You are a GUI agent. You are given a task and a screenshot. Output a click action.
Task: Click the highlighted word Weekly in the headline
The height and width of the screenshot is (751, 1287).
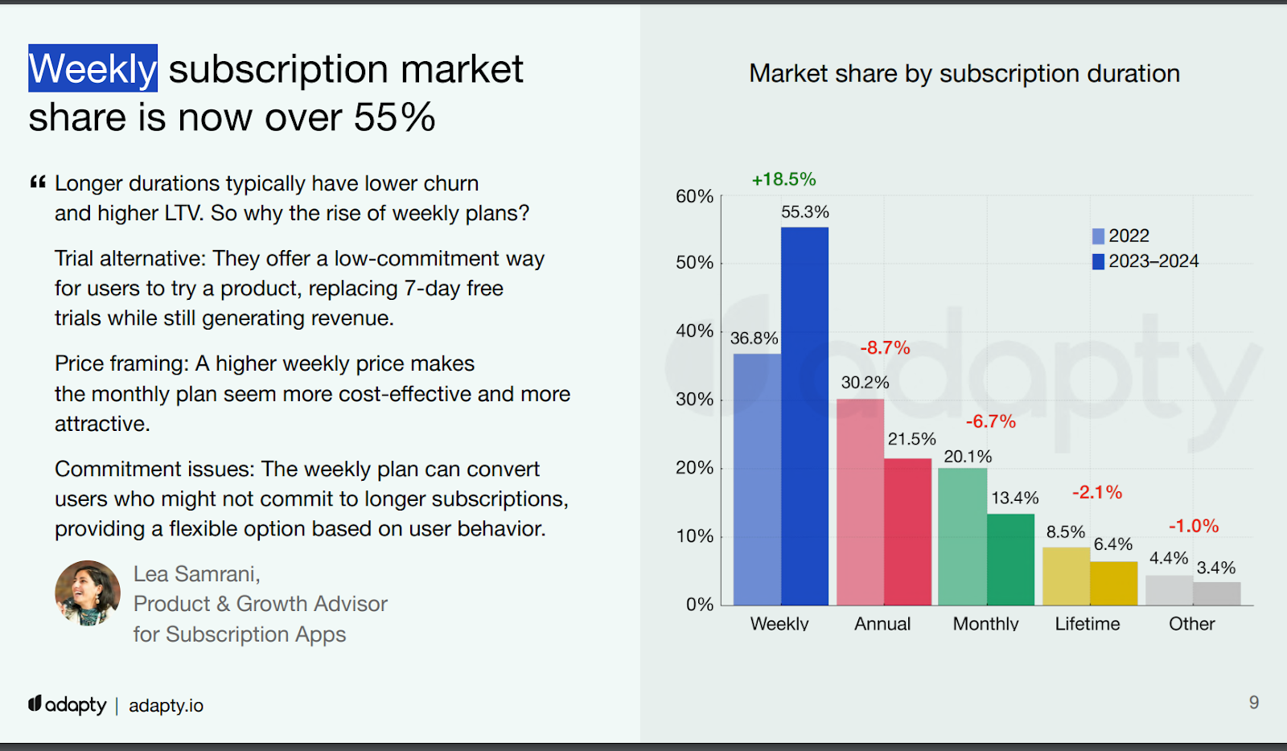(93, 69)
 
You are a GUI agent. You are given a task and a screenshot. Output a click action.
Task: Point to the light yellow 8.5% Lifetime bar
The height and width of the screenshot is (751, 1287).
(1066, 577)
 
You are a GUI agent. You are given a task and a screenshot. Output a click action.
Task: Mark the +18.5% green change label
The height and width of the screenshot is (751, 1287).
(783, 179)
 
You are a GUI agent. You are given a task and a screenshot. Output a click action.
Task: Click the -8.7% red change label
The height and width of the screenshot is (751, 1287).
(885, 348)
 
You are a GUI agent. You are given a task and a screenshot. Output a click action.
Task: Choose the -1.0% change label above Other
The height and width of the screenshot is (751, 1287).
(1194, 526)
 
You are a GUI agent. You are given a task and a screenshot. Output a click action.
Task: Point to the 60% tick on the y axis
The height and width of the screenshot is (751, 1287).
(694, 196)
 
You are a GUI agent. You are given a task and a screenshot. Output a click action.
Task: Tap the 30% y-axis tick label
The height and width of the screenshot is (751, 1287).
(694, 400)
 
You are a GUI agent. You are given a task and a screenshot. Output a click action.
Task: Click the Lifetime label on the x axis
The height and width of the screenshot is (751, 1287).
(1088, 624)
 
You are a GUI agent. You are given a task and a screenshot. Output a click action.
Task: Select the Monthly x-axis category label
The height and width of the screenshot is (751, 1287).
(985, 624)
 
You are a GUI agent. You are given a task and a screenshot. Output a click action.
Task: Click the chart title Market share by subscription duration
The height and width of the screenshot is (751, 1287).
(964, 74)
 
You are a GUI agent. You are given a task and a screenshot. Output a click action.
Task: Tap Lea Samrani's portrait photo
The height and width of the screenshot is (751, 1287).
(88, 593)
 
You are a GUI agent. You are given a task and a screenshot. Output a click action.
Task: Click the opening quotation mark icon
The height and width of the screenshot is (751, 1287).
(38, 183)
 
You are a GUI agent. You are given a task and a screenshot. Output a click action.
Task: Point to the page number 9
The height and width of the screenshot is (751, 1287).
(1253, 703)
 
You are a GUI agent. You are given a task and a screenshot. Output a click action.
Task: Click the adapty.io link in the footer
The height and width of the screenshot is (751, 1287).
(166, 706)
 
